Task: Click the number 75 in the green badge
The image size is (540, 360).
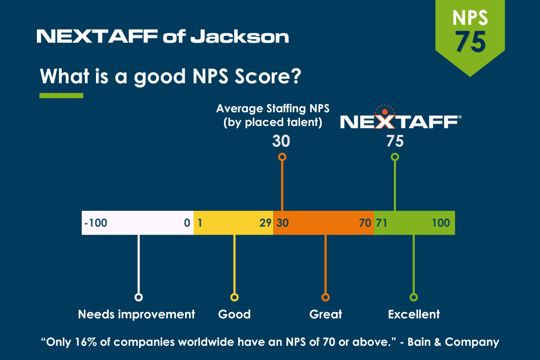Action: click(x=470, y=42)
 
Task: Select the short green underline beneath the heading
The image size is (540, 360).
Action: click(x=61, y=95)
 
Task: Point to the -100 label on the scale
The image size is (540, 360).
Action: click(x=95, y=223)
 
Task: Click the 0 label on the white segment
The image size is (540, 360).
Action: click(x=187, y=223)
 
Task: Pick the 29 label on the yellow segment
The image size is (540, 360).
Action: click(x=265, y=223)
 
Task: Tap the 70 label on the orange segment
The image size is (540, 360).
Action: click(x=365, y=223)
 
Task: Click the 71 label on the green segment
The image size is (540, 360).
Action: click(x=381, y=223)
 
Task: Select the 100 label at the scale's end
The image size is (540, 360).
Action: click(x=441, y=223)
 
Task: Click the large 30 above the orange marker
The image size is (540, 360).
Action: click(x=281, y=141)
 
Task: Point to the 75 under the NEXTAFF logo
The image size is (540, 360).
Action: click(x=394, y=141)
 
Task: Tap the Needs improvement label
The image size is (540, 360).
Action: click(x=137, y=315)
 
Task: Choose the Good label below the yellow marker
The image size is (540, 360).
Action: click(x=234, y=315)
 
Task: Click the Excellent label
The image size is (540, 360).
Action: click(x=413, y=315)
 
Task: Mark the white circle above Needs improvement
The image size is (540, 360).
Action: click(x=139, y=297)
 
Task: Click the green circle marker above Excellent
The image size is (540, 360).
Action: click(x=413, y=297)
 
